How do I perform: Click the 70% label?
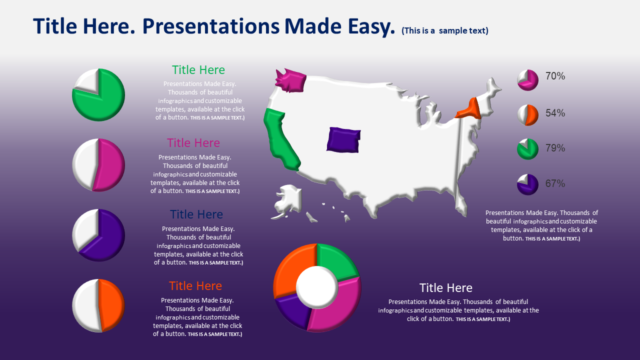[555, 76]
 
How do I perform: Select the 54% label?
[555, 113]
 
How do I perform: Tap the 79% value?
[555, 148]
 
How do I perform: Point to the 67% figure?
[555, 183]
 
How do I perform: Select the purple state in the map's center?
[343, 140]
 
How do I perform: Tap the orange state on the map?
[470, 110]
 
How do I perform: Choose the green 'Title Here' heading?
[198, 70]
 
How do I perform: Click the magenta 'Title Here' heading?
[193, 143]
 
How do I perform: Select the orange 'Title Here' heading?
[195, 286]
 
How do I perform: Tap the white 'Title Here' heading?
[445, 288]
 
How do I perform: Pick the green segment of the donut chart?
[337, 260]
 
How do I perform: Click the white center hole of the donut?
[317, 287]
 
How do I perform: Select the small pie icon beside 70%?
[527, 80]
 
